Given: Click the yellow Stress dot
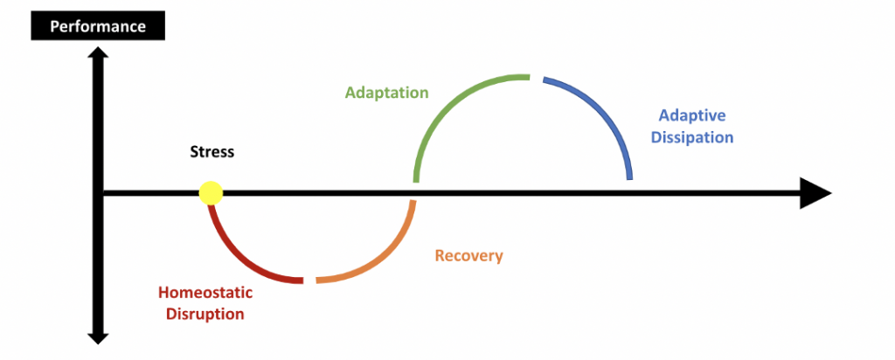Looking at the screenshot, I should pos(211,193).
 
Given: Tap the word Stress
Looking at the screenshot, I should pos(212,152).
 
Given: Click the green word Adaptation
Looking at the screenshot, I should pos(386,92).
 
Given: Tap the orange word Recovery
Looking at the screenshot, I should pos(468,256).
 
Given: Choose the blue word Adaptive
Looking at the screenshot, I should pos(692,116).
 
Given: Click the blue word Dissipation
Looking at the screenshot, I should pos(692,137).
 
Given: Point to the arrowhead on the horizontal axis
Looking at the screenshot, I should pos(815,193).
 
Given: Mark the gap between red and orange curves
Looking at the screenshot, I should pos(309,280).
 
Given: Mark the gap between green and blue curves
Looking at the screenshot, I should pos(536,78).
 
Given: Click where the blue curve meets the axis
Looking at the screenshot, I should pos(629,179).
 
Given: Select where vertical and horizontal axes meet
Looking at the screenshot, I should pos(98,193).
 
